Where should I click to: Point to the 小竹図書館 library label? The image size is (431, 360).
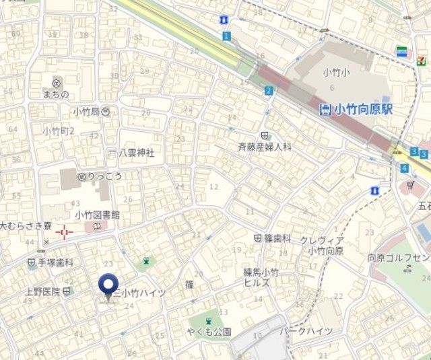[x=97, y=215]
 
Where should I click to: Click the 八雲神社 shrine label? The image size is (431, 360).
[x=136, y=153]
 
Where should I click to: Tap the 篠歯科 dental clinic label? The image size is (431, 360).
[x=277, y=238]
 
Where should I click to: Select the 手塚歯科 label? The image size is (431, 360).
[x=55, y=263]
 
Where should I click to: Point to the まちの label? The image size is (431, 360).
[x=55, y=94]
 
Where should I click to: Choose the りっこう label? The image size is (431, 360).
[x=102, y=176]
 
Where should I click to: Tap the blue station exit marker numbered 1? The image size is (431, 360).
[x=226, y=35]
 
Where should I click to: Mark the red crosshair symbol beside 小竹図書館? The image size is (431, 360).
[x=65, y=233]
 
